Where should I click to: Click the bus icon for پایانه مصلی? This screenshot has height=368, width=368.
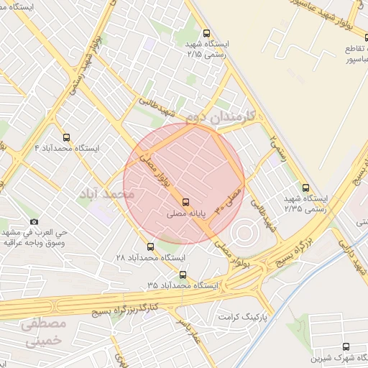pos(186,202)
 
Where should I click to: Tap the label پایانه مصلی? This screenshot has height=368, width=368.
pos(186,214)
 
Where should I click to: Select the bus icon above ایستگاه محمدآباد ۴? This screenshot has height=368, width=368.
pos(67,137)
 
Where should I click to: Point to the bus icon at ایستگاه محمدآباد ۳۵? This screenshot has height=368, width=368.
pos(182,274)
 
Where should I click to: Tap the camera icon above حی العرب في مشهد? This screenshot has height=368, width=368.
pos(34,222)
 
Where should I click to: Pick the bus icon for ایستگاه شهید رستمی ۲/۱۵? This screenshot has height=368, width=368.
pos(207,33)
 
